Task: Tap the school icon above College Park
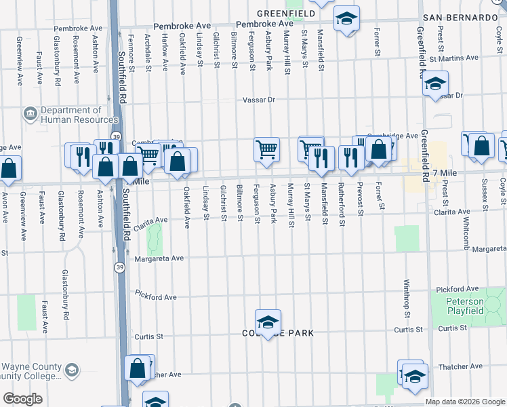click(x=268, y=322)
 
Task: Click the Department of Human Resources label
click(x=70, y=115)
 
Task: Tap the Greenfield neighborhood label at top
click(x=285, y=13)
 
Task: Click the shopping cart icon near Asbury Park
click(x=267, y=149)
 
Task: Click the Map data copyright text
click(x=466, y=402)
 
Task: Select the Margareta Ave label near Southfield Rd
click(x=159, y=258)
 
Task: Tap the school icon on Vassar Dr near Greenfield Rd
click(x=435, y=83)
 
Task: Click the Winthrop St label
click(x=407, y=298)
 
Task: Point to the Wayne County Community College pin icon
click(x=72, y=370)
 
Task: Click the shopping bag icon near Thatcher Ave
click(x=138, y=368)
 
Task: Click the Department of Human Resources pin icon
click(x=31, y=113)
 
